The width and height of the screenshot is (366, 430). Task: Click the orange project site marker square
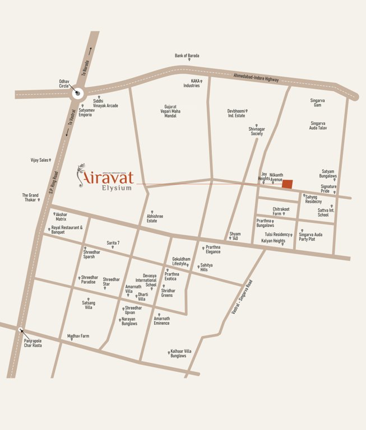point(287,184)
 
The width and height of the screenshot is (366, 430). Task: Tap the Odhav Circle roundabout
point(77,94)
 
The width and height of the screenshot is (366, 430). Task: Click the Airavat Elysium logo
point(106,177)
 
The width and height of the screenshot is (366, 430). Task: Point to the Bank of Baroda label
point(187,56)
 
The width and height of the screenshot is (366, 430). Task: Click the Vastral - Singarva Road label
point(242,297)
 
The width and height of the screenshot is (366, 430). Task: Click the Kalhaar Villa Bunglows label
point(181,353)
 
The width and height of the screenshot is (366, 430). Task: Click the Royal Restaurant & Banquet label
point(67,230)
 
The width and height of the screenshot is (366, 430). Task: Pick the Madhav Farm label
point(78,336)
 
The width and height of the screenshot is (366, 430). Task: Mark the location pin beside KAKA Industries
point(201,81)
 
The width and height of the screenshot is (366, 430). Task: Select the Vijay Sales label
point(40,160)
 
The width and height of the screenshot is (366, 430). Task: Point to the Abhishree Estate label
point(155,218)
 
